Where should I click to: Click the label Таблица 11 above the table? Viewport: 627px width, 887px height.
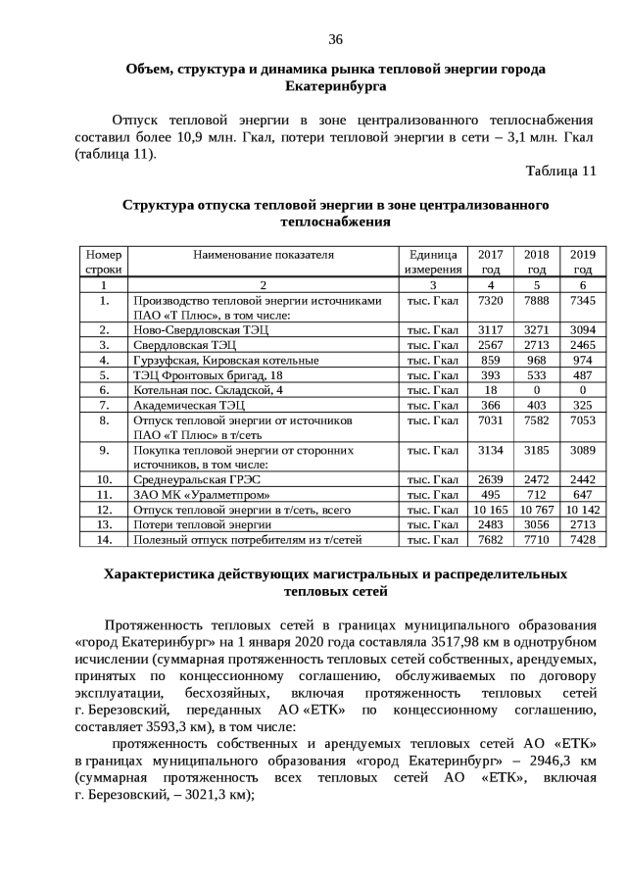[560, 171]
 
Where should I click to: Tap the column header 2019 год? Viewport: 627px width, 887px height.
[583, 262]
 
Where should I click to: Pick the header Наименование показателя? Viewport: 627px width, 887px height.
[264, 255]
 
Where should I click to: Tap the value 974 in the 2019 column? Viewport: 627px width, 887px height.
[583, 361]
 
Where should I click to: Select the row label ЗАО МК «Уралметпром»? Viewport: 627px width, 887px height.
[191, 495]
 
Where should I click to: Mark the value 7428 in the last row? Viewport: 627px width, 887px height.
[583, 539]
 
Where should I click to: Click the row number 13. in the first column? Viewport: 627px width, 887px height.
[103, 524]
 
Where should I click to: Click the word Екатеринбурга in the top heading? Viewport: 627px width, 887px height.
[334, 86]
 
